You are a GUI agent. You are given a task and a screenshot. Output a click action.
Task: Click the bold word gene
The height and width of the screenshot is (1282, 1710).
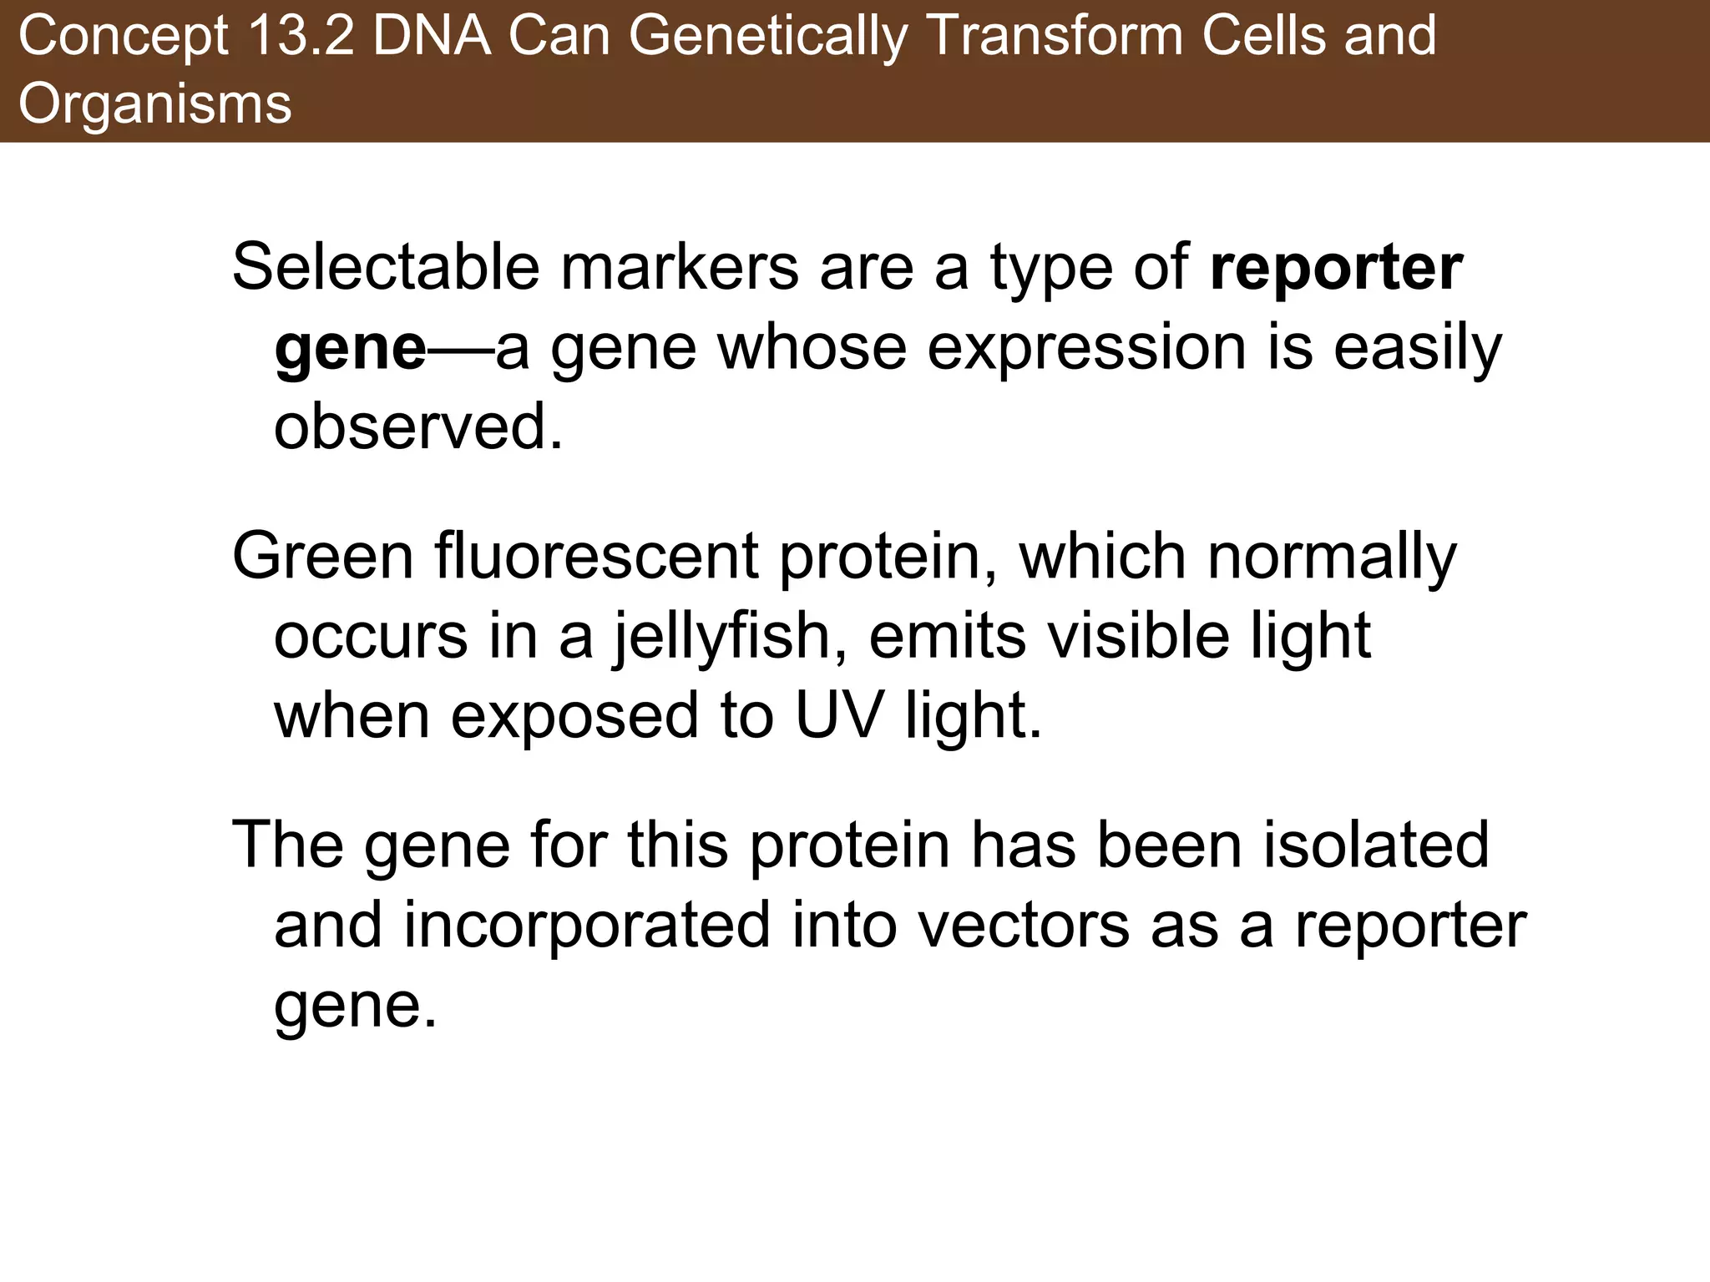pos(351,348)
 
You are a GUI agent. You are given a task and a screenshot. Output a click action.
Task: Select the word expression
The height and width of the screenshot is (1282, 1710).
pos(1086,348)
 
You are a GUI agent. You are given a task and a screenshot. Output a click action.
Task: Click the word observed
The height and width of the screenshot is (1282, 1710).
pos(418,426)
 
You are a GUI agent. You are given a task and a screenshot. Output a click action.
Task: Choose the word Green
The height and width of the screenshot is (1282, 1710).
pos(323,556)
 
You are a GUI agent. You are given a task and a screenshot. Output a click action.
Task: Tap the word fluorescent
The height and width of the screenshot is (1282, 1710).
pos(596,556)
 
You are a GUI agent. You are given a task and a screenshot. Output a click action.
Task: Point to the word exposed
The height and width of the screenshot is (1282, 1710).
pos(574,717)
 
